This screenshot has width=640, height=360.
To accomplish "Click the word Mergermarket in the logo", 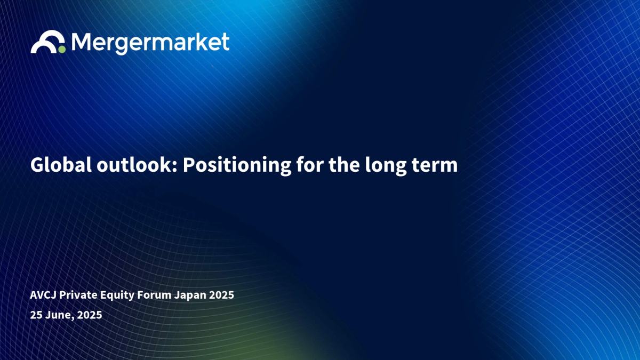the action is click(150, 43).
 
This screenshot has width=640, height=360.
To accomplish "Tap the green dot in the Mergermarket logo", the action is click(62, 49).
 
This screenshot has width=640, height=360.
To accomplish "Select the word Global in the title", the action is click(61, 165).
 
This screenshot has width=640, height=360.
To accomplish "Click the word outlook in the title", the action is click(135, 165).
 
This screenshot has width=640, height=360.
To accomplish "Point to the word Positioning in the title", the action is click(237, 166).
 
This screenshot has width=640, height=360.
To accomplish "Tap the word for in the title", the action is click(310, 165).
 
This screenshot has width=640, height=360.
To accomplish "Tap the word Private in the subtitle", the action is click(78, 295).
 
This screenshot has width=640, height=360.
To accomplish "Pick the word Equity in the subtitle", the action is click(117, 295).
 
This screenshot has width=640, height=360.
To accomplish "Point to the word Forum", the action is click(154, 295).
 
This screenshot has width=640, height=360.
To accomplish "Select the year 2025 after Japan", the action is click(222, 295).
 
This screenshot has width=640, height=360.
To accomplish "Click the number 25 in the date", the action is click(36, 315).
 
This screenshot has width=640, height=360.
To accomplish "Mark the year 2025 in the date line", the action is click(90, 315).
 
